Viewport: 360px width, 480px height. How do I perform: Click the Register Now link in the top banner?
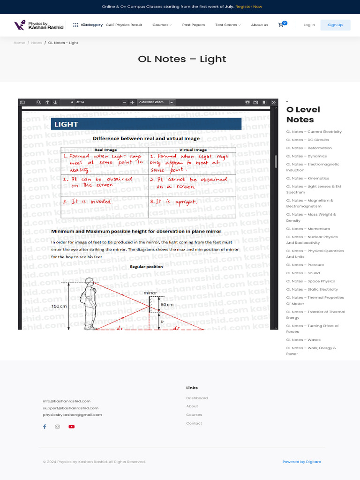click(x=248, y=7)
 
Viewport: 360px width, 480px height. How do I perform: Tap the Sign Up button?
click(x=335, y=25)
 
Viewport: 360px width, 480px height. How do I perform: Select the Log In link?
click(x=309, y=25)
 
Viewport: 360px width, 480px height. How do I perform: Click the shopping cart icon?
click(x=281, y=24)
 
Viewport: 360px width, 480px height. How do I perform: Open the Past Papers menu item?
click(x=193, y=25)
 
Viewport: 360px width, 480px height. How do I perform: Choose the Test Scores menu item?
click(x=227, y=25)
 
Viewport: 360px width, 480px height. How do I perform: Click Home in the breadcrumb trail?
click(x=19, y=43)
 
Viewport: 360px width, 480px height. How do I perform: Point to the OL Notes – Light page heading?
click(x=182, y=59)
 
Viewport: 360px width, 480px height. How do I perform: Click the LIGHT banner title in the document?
click(x=66, y=124)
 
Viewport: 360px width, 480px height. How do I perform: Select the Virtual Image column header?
click(x=193, y=150)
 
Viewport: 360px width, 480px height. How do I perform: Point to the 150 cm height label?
click(x=59, y=306)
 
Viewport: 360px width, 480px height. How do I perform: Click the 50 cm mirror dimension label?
click(x=167, y=305)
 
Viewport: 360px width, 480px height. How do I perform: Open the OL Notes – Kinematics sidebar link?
click(x=307, y=178)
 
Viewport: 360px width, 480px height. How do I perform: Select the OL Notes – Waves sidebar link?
click(x=303, y=340)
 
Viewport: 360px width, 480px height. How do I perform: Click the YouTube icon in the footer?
click(x=71, y=427)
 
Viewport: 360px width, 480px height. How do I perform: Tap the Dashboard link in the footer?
click(x=197, y=398)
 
